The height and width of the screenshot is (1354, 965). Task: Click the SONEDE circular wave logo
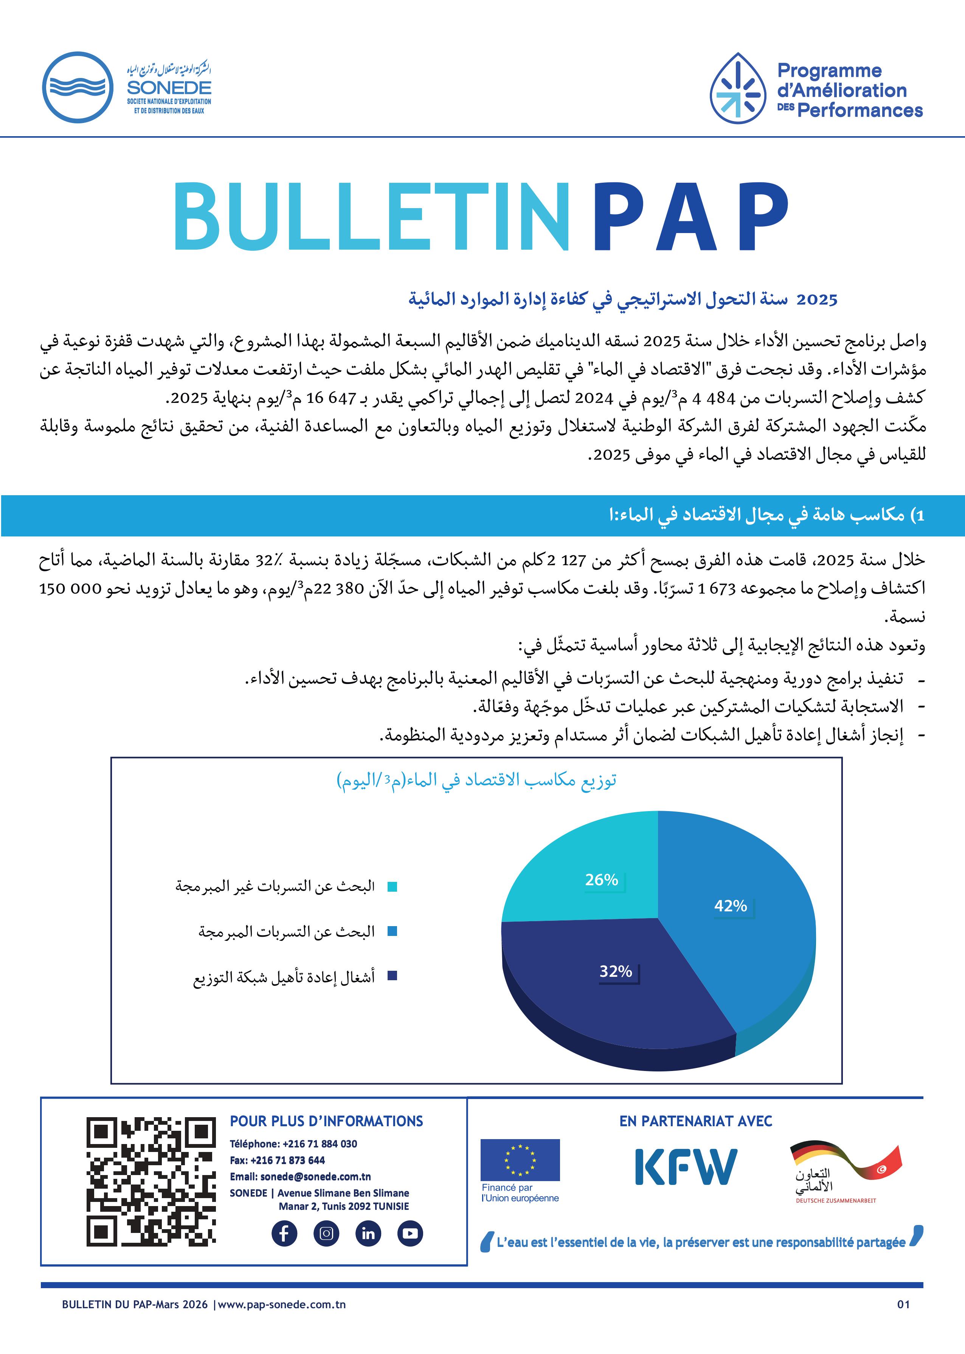tap(78, 87)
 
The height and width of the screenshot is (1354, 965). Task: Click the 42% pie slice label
tap(730, 906)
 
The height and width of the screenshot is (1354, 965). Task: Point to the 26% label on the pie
tap(601, 880)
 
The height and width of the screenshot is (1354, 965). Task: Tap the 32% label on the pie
tap(616, 971)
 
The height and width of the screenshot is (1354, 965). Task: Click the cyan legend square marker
tap(392, 887)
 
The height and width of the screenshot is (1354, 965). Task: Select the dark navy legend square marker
tap(392, 975)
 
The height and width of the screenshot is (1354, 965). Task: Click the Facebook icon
tap(284, 1233)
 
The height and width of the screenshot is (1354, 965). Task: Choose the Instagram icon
tap(326, 1233)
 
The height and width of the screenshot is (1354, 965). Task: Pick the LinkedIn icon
tap(368, 1233)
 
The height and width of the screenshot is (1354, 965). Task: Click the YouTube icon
tap(410, 1233)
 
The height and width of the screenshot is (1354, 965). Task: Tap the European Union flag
tap(520, 1159)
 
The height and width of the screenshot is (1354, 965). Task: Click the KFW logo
tap(686, 1167)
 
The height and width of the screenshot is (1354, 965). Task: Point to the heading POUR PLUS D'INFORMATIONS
tap(326, 1121)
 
